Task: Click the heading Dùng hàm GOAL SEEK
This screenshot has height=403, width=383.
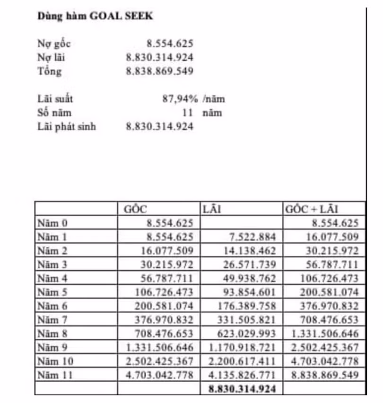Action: pos(95,16)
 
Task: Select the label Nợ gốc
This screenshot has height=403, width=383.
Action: pos(54,44)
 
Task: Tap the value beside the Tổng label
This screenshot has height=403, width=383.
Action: pos(159,72)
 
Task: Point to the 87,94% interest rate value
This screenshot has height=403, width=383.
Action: pos(180,99)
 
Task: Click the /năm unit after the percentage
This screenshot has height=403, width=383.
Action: pos(214,99)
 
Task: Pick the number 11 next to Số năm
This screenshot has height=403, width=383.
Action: pos(188,113)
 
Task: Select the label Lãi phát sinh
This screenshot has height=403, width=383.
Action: pos(66,126)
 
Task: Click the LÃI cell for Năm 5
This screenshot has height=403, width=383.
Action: pos(248,292)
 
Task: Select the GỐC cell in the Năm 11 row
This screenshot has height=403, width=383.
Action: pos(159,376)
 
